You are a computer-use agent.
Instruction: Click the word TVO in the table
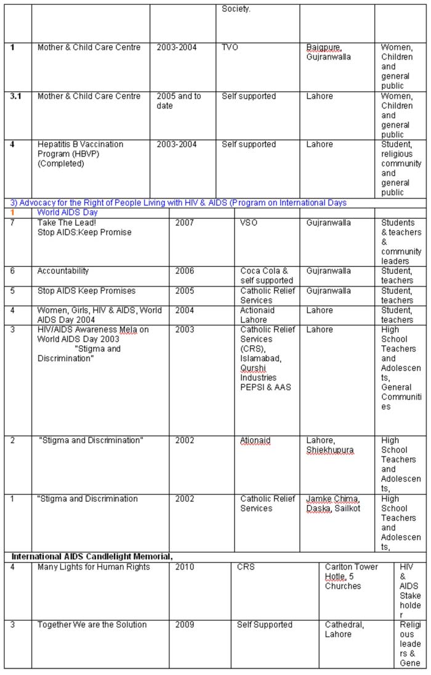230,47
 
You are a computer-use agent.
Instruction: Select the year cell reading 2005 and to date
179,101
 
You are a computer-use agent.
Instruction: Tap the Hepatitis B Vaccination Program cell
80,154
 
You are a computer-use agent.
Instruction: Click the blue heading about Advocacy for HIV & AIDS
179,203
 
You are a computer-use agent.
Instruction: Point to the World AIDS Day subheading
67,212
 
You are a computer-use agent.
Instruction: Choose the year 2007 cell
184,223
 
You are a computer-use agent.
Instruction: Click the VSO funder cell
249,223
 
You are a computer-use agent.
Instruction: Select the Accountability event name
63,271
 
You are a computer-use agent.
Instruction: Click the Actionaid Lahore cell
257,315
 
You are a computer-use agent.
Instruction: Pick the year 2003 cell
184,330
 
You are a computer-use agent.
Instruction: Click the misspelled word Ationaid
255,441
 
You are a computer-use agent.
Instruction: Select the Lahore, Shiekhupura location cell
330,445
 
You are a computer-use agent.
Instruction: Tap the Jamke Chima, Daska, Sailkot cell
333,504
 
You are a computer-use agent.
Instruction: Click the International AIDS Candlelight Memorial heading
92,557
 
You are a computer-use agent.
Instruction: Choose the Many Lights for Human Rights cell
94,567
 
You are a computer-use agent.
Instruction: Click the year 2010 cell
184,567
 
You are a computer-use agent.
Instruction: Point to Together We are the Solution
92,625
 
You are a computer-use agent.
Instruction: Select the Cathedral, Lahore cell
344,629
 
